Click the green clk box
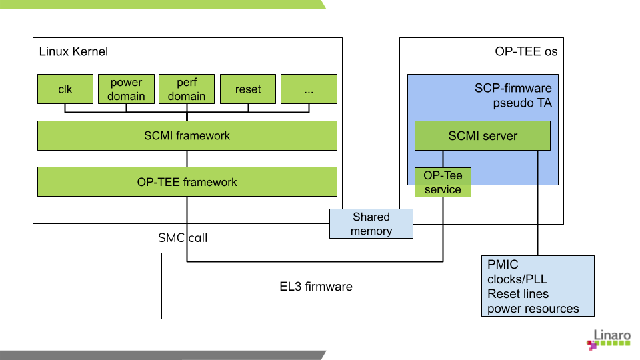click(x=65, y=89)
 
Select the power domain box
click(x=126, y=89)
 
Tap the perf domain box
click(x=187, y=89)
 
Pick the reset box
click(x=248, y=89)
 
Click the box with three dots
click(x=309, y=89)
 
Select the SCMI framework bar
click(x=187, y=135)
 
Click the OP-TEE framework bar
click(x=187, y=182)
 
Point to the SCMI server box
click(x=483, y=135)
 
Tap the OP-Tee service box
click(x=443, y=182)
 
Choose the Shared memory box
click(x=371, y=224)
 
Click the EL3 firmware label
click(x=316, y=287)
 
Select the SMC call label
click(x=183, y=237)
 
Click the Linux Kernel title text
click(x=73, y=51)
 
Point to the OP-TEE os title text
click(x=526, y=51)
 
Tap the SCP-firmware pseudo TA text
click(x=513, y=95)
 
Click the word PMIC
click(x=503, y=265)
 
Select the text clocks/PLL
click(x=517, y=279)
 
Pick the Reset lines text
click(x=518, y=294)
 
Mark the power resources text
click(x=533, y=309)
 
